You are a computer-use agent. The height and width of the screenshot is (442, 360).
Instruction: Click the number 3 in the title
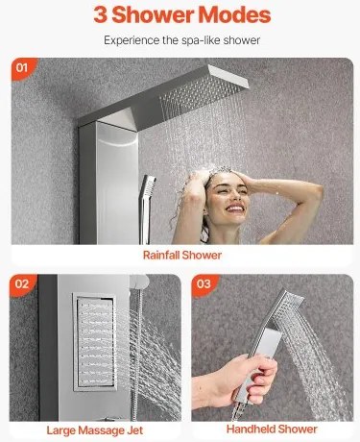tap(101, 14)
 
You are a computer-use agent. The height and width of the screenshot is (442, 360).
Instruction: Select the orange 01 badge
tap(23, 67)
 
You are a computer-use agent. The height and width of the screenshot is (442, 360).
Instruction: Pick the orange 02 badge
tap(22, 284)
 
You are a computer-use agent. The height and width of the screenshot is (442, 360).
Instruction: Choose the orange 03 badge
tap(204, 283)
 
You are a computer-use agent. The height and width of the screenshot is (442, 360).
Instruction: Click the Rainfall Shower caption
tap(182, 256)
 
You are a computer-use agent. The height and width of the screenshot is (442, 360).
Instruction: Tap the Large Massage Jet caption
tap(95, 430)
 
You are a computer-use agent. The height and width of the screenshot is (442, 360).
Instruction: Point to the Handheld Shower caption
tap(272, 429)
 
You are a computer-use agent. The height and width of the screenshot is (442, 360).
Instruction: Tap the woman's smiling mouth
tap(234, 209)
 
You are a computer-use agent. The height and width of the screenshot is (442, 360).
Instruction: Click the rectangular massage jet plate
tap(94, 342)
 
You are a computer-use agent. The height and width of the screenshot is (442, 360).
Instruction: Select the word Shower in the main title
tap(153, 14)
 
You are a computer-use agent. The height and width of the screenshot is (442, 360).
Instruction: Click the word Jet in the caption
tap(134, 430)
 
